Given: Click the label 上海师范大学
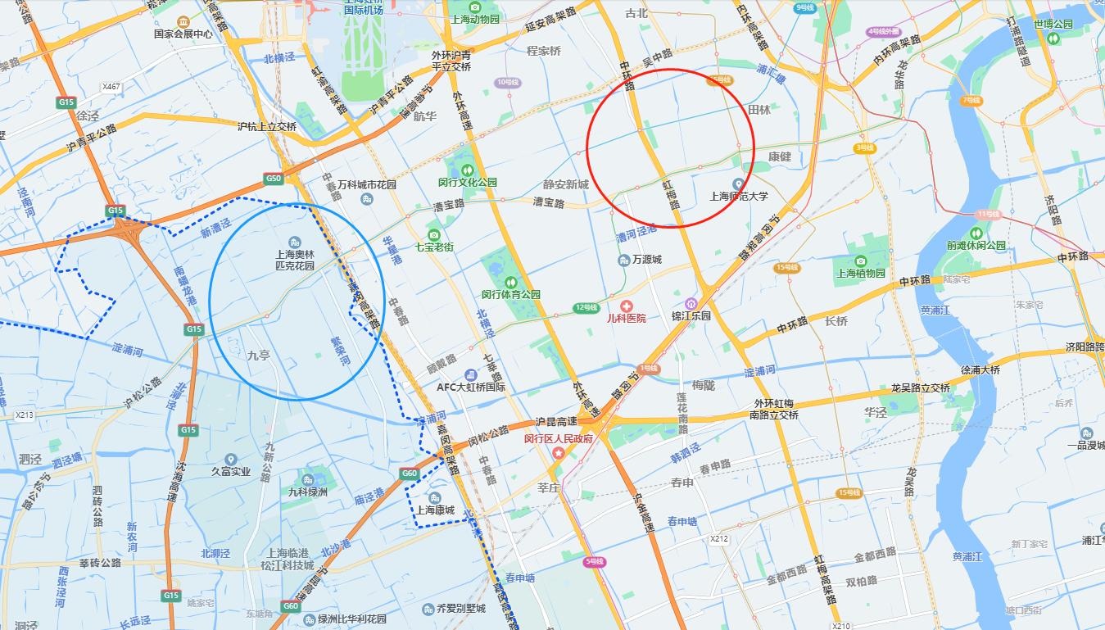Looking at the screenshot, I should [738, 196].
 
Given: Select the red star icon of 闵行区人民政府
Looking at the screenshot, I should [559, 452].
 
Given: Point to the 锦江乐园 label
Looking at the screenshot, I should [691, 315].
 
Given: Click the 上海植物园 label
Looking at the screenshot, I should [860, 273].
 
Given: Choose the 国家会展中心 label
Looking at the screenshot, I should [183, 34].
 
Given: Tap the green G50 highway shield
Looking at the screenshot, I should [274, 178].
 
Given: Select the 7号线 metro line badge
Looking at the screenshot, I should [971, 100].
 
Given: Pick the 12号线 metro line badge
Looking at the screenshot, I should [586, 307].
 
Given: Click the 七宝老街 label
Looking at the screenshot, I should [434, 247].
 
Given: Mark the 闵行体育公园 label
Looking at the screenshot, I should [510, 294].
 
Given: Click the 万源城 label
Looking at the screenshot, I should [646, 260].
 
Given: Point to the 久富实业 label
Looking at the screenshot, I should [231, 471].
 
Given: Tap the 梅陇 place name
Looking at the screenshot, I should [703, 384].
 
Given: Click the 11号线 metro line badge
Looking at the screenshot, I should [989, 214].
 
